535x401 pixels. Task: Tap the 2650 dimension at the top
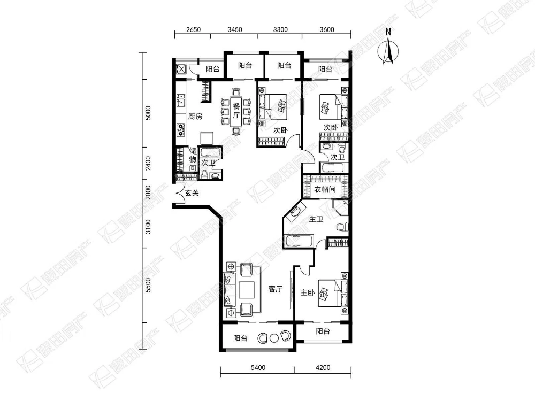click(193, 30)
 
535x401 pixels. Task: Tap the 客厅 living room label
click(275, 289)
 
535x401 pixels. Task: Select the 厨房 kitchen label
click(195, 116)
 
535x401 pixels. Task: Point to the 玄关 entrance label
click(192, 193)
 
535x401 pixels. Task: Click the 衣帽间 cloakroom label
click(325, 190)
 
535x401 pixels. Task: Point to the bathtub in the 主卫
click(299, 240)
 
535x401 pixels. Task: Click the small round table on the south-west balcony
click(274, 338)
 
